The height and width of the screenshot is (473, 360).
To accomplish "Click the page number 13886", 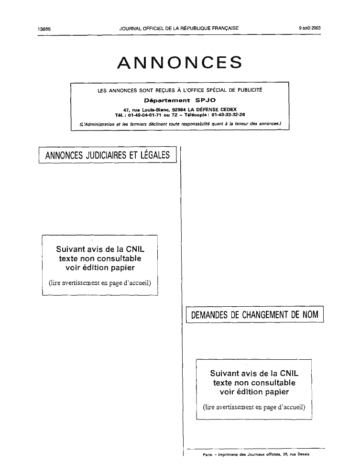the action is [x=44, y=29].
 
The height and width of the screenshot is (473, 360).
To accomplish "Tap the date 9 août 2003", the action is [x=310, y=28].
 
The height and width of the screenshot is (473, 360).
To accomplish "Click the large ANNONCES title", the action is [x=180, y=63].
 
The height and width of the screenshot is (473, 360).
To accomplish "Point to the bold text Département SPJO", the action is [x=180, y=100].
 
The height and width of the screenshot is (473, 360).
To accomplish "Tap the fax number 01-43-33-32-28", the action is [x=228, y=115].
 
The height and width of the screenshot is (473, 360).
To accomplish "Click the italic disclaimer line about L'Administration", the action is [x=180, y=124].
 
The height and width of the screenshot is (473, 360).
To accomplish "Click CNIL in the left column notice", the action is [x=135, y=249].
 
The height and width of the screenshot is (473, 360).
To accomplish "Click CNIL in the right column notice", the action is [x=289, y=374].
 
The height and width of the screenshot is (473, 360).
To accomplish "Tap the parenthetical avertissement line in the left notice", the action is [x=100, y=283].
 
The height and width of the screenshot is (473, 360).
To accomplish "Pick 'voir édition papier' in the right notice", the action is [x=254, y=392].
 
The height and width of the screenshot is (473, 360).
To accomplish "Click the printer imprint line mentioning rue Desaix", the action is [x=256, y=454].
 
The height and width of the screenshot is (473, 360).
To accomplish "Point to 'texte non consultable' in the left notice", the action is [x=100, y=258].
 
